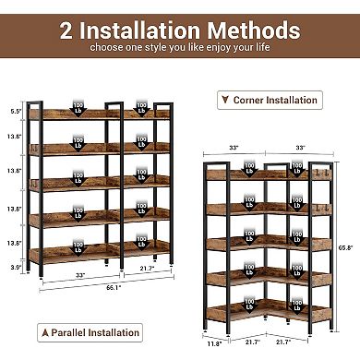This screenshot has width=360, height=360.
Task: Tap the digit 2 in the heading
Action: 68,30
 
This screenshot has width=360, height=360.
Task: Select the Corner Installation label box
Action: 268,100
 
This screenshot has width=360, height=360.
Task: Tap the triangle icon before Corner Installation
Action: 222,100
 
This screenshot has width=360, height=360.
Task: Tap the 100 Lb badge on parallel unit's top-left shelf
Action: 78,108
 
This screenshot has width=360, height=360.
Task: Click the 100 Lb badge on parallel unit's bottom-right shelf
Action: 141,243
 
